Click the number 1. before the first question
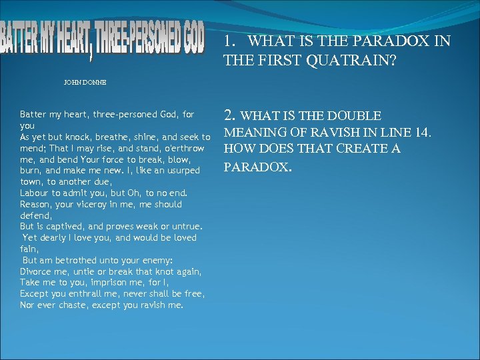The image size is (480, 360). (231, 41)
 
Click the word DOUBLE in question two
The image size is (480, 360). (356, 115)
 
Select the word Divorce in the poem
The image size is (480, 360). (35, 271)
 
